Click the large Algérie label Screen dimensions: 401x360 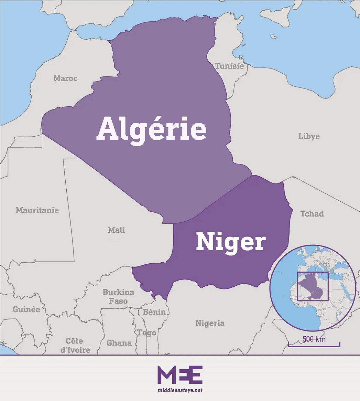[151, 130]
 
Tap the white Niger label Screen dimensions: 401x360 [231, 242]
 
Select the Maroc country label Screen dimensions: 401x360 [65, 78]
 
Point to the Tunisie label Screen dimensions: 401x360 [229, 66]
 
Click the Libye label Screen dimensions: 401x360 [309, 136]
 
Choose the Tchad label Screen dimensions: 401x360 [312, 214]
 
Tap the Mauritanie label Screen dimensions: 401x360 [37, 210]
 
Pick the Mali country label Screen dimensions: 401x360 [116, 230]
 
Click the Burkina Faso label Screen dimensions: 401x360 [118, 296]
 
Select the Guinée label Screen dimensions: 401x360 [26, 309]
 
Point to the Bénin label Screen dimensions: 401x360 [154, 312]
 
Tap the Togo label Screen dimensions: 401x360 [147, 333]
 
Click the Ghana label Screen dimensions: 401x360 [119, 343]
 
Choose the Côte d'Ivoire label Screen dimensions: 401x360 [75, 345]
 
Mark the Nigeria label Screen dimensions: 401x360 [210, 323]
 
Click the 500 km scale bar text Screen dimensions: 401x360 [314, 339]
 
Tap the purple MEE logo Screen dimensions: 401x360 [180, 375]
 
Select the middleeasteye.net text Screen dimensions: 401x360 [180, 390]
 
